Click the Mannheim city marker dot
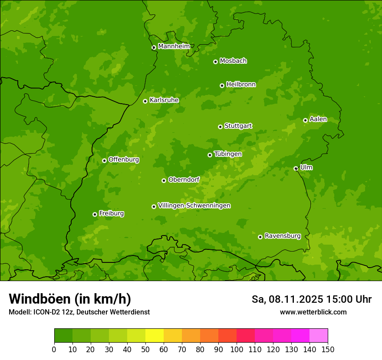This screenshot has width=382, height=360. [154, 48]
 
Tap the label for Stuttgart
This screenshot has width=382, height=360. [238, 126]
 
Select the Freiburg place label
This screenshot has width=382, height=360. [112, 213]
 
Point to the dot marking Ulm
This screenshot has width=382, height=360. [296, 168]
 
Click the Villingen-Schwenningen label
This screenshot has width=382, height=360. [194, 206]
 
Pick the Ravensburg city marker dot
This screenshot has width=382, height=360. [260, 237]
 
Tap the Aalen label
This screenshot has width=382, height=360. [318, 119]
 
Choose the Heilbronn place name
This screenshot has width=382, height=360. [241, 85]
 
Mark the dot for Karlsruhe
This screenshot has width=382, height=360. [145, 101]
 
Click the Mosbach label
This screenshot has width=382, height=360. [233, 61]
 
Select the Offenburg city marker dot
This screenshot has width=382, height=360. [105, 160]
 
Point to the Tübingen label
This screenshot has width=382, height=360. [228, 154]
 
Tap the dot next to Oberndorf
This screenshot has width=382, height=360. [164, 180]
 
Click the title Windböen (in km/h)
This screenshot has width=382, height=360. [70, 299]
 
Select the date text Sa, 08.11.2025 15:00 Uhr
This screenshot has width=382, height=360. [312, 299]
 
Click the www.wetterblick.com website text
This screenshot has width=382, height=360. [313, 312]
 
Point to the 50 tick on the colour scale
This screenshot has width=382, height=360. [145, 349]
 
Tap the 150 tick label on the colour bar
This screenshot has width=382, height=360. [328, 349]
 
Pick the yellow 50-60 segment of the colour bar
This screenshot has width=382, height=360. [155, 336]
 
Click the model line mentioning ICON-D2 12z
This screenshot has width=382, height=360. [79, 312]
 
